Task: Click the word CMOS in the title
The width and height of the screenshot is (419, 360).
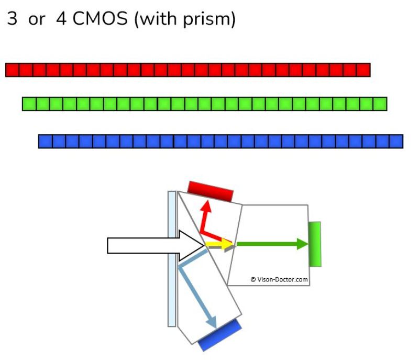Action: [100, 18]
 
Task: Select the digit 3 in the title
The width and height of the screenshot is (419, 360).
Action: [12, 18]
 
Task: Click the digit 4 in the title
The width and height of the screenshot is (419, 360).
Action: [61, 18]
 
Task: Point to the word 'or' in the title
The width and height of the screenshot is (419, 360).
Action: [37, 20]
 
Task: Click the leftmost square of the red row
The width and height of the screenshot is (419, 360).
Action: [12, 70]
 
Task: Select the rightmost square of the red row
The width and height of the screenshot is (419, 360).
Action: [363, 70]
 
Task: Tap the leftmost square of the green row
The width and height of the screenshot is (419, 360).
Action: [29, 104]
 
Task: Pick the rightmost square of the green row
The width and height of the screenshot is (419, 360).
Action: [380, 104]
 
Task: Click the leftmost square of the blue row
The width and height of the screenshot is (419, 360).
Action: [46, 141]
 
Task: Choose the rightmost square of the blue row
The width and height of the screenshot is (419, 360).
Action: [396, 141]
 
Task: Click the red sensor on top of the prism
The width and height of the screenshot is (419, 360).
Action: [211, 191]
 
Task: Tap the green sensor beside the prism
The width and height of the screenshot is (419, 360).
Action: [315, 244]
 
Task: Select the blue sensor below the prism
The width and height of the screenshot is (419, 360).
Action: [220, 335]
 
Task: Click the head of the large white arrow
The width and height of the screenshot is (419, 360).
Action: [192, 245]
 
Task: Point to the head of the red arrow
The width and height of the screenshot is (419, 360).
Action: [206, 206]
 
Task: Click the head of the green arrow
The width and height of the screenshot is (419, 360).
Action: [303, 244]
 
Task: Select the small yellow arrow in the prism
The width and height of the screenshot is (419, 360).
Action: [219, 244]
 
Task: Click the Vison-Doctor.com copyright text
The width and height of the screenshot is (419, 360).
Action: [279, 279]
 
